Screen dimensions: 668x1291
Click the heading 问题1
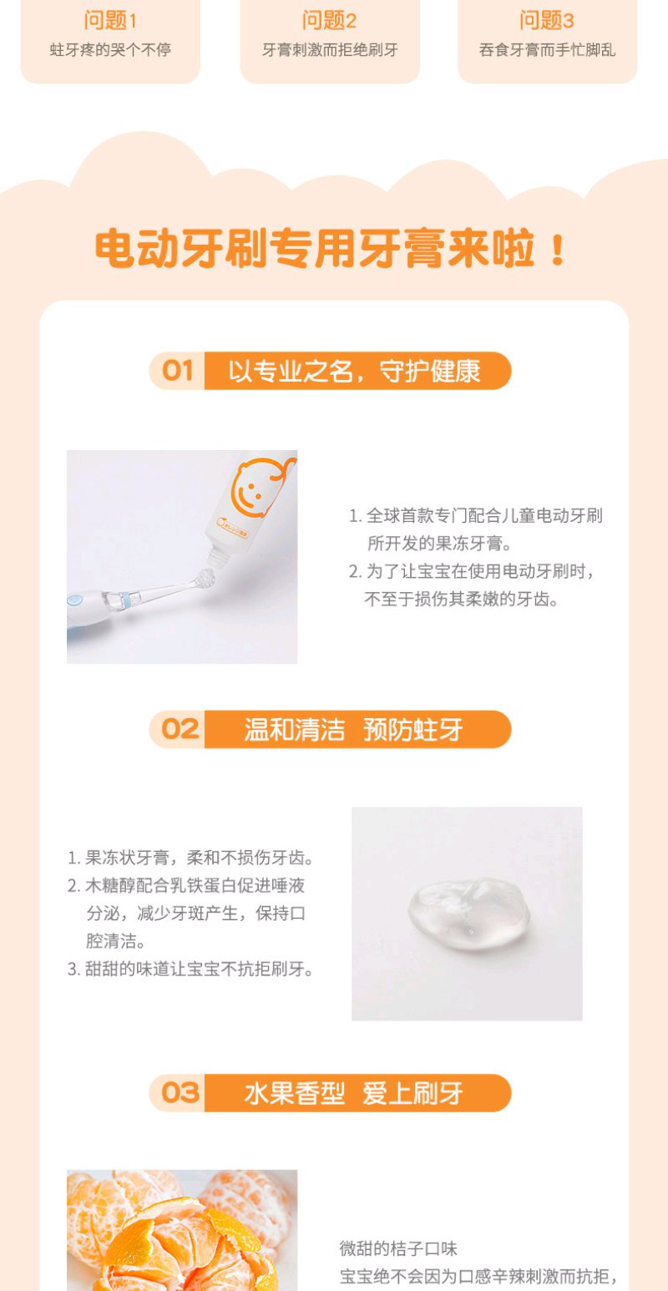pos(110,21)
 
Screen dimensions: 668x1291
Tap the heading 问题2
pos(329,21)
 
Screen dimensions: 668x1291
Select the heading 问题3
pos(546,21)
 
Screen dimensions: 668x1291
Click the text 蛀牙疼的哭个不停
pos(110,50)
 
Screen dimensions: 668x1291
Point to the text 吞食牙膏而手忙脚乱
pos(547,50)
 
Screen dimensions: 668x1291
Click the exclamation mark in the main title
pos(557,250)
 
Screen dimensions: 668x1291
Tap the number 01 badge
pos(177,371)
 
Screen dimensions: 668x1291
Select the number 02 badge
pos(180,729)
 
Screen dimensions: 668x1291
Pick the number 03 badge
pos(180,1092)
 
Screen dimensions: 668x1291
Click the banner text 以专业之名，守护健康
pos(354,371)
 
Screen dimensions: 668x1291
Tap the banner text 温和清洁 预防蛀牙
pos(353,730)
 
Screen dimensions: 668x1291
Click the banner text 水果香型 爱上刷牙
pos(353,1093)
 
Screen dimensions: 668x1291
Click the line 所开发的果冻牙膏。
pos(439,543)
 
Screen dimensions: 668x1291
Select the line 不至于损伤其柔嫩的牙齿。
pos(461,600)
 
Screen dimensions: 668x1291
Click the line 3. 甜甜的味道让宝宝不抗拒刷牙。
pos(190,969)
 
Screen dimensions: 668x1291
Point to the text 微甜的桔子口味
pos(398,1248)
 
